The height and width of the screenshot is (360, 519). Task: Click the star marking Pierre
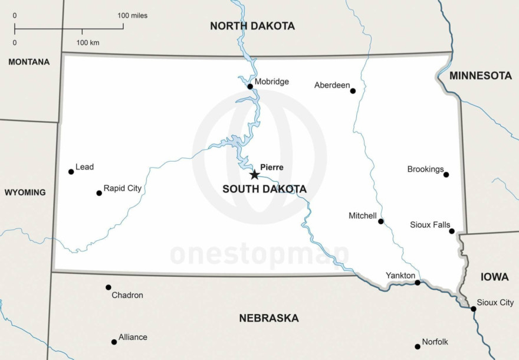[254, 175]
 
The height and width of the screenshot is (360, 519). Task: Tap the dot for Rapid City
[99, 193]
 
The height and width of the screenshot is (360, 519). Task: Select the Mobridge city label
[272, 81]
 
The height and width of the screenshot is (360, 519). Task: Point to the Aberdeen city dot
[353, 91]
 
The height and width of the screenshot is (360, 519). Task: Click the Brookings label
[425, 169]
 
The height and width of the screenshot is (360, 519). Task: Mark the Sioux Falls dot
[452, 231]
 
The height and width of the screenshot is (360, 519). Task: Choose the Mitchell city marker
[381, 221]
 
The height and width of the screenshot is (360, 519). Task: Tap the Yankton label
[400, 276]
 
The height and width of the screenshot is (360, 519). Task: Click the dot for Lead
[71, 172]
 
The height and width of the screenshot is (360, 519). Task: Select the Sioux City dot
[473, 309]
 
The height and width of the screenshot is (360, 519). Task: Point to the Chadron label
[127, 295]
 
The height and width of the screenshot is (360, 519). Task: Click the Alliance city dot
[114, 342]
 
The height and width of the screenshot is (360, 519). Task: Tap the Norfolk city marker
[418, 346]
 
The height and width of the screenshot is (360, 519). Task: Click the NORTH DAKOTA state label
[252, 26]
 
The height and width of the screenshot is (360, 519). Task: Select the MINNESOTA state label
[481, 76]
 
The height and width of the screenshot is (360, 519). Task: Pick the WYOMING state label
[25, 192]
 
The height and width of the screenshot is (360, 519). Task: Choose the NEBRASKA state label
[269, 318]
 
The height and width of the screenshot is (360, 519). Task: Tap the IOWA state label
[490, 277]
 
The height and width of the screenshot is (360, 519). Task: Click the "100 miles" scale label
[133, 15]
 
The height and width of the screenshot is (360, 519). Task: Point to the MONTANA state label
[29, 61]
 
